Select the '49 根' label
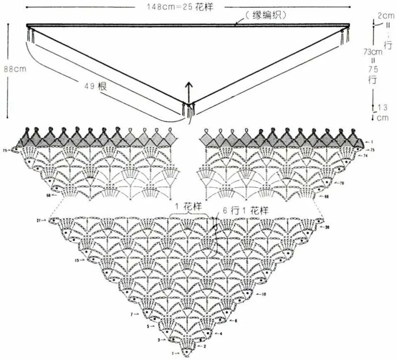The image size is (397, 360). point(95,85)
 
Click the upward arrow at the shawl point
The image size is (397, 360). point(189,92)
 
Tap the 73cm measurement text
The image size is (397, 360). point(373,51)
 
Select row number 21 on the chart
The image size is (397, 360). point(39,219)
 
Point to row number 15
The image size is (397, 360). point(77,260)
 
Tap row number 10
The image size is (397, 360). point(264,294)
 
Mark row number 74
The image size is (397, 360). point(365,156)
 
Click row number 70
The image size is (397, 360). point(341,183)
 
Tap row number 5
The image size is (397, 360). point(148,326)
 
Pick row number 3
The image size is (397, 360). point(159,340)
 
